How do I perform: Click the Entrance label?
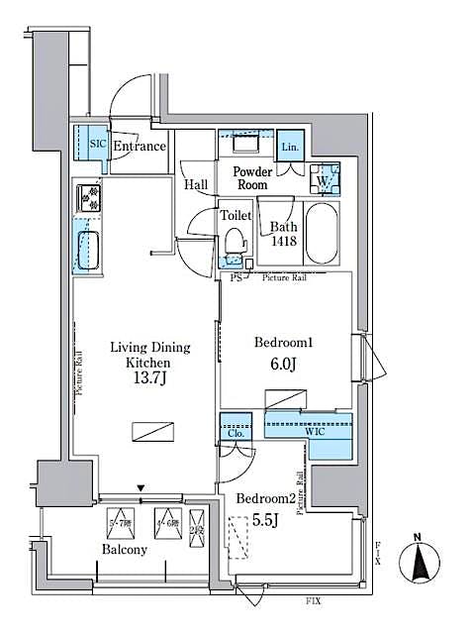139,147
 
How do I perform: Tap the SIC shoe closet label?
97,144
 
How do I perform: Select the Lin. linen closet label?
289,147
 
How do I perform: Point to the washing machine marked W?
324,180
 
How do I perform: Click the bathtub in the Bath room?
322,233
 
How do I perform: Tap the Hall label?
195,184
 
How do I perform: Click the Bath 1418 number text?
283,240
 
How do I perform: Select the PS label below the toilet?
236,278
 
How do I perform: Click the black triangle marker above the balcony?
141,487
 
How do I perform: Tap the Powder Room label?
251,177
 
